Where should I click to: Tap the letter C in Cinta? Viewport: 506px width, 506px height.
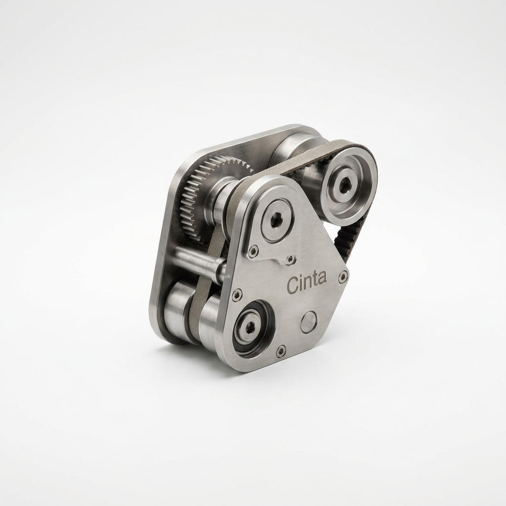point(293,286)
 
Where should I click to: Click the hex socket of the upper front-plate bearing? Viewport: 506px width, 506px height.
point(276,221)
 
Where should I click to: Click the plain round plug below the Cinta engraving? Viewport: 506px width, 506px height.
point(308,322)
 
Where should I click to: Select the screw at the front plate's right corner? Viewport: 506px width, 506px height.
point(343,276)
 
